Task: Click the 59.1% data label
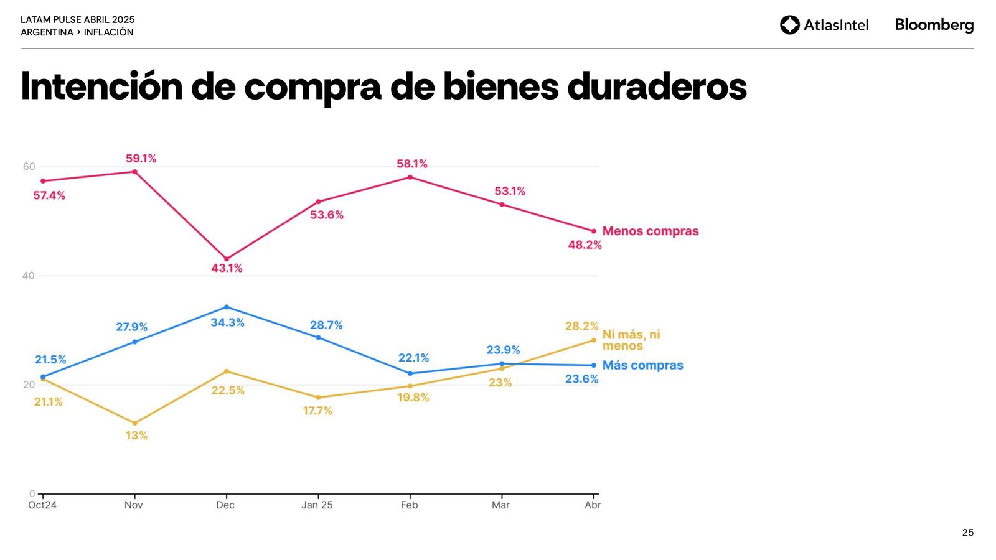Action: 141,159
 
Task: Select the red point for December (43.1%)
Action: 227,259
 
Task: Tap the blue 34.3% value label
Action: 227,322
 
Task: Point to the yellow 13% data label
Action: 136,436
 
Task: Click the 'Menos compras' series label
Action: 651,231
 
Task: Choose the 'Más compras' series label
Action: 642,365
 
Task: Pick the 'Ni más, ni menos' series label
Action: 631,340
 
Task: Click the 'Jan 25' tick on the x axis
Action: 317,505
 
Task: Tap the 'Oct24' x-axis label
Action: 42,505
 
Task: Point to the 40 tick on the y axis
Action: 29,276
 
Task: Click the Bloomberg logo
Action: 934,25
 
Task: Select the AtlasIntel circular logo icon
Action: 790,25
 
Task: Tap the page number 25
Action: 967,533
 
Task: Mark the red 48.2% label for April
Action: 585,245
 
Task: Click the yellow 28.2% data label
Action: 581,326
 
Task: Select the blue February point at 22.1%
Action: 410,373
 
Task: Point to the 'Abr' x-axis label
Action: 593,505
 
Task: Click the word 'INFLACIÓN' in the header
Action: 109,32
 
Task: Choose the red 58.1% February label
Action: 412,164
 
